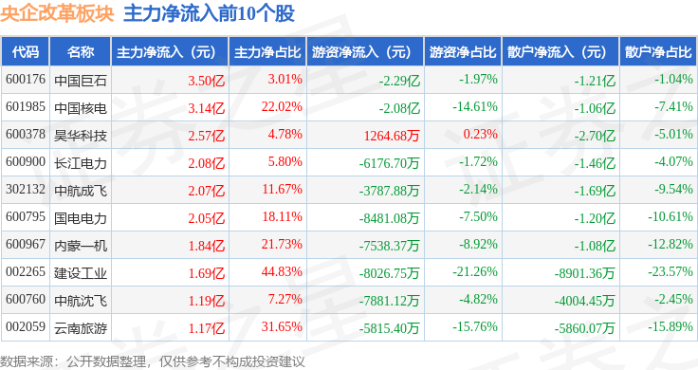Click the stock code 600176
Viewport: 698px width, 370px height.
26,80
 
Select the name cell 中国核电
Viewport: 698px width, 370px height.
81,108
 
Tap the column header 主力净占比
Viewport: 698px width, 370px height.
267,52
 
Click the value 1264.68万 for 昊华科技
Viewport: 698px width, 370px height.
392,136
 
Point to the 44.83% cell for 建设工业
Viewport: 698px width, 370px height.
282,271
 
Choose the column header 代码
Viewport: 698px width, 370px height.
26,52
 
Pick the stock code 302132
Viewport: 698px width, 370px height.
26,189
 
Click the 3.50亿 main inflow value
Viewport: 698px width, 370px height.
206,81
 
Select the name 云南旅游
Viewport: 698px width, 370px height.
81,328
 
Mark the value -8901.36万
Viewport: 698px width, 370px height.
584,273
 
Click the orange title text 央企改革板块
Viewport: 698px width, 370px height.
57,14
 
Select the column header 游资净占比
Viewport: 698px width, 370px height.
463,52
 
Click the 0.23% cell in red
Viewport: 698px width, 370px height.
480,134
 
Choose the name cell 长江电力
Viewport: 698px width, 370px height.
81,163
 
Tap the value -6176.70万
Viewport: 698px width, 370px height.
389,163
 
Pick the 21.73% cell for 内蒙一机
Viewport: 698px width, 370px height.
282,244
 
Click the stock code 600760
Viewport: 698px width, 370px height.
26,299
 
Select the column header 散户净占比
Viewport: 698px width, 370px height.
658,52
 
